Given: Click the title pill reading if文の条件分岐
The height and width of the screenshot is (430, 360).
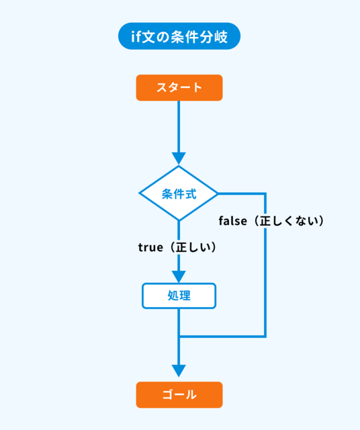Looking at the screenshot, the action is [x=179, y=36].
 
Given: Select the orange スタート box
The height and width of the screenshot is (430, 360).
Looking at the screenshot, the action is [x=179, y=88].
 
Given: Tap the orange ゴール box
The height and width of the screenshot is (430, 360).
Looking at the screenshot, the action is [x=179, y=395].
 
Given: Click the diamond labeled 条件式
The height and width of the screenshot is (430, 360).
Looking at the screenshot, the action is [x=179, y=193].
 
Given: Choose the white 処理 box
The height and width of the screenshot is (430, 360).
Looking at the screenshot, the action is [x=179, y=296].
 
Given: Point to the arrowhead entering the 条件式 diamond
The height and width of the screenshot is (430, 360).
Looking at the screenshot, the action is [x=179, y=159].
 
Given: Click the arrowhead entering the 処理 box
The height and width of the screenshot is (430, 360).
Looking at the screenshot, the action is [x=179, y=277].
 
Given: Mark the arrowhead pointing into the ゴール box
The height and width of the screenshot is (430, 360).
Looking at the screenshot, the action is [x=179, y=371].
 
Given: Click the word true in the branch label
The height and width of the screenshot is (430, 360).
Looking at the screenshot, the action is [x=150, y=247].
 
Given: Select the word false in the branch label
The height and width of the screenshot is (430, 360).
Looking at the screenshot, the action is [x=233, y=221].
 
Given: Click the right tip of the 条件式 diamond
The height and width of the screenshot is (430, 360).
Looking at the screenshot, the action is [x=218, y=193].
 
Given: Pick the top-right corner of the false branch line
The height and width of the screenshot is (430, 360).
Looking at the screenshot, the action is [x=265, y=193].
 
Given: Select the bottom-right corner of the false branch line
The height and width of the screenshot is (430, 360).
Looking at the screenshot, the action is [x=265, y=336].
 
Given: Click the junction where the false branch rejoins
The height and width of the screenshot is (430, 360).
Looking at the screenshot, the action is [x=179, y=336].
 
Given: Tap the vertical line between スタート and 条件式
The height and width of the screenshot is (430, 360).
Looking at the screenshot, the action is [x=179, y=127].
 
